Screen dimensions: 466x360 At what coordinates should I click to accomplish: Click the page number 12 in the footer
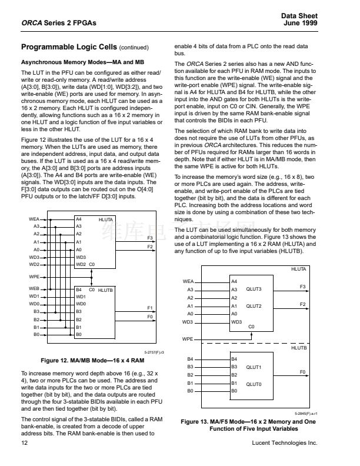[24, 442]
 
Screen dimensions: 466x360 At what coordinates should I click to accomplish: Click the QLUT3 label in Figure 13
[254, 289]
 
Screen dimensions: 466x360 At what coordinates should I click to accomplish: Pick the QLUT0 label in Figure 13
[254, 383]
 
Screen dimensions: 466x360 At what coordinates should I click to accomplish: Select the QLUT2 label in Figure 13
[254, 306]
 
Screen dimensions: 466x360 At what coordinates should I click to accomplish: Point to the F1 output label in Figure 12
[150, 308]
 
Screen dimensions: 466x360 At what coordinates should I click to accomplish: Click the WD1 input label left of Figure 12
[34, 297]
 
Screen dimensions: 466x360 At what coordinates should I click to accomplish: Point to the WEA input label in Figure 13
[188, 282]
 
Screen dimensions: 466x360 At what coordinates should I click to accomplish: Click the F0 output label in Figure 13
[302, 372]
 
